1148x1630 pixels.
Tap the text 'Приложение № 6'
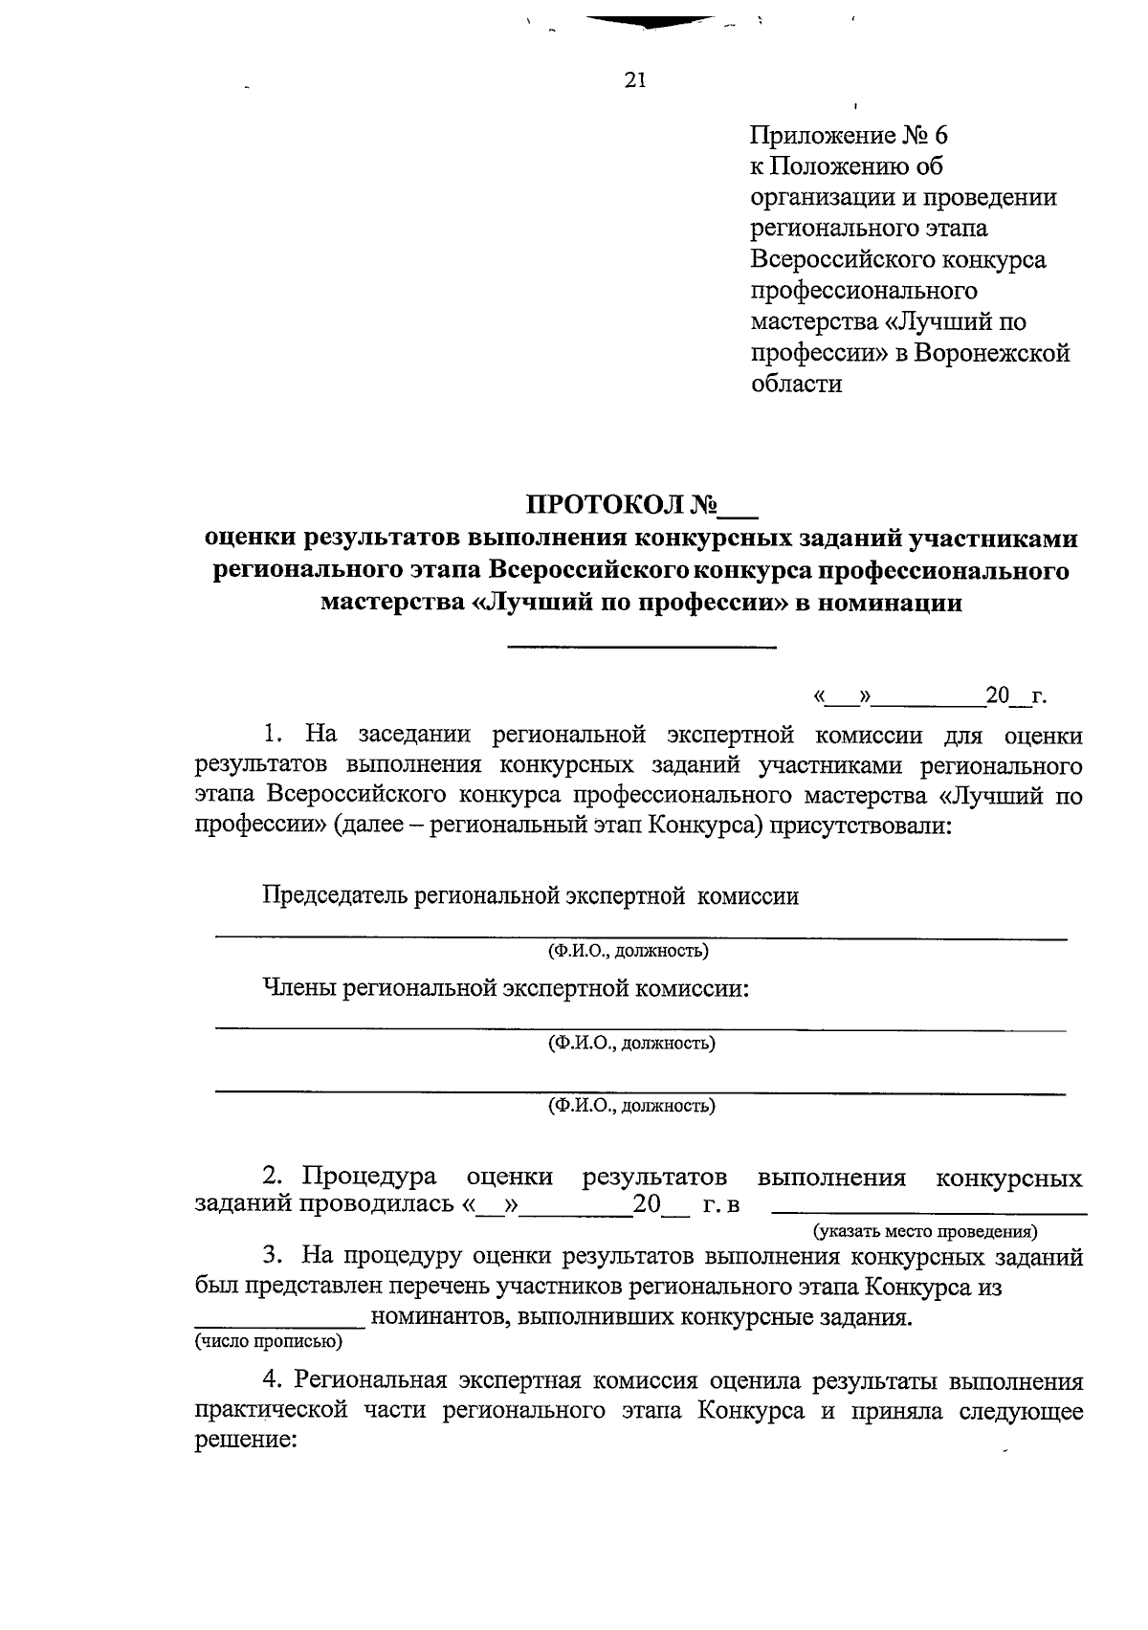click(x=849, y=135)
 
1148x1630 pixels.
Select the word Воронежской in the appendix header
click(x=991, y=353)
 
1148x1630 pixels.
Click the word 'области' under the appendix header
click(x=796, y=385)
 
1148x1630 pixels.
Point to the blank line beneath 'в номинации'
click(x=641, y=648)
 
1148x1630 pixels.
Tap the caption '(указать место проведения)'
click(x=925, y=1231)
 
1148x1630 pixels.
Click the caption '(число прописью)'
click(x=269, y=1341)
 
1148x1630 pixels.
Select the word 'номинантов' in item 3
click(x=429, y=1317)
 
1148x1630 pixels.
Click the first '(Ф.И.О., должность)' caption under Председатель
click(x=628, y=951)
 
